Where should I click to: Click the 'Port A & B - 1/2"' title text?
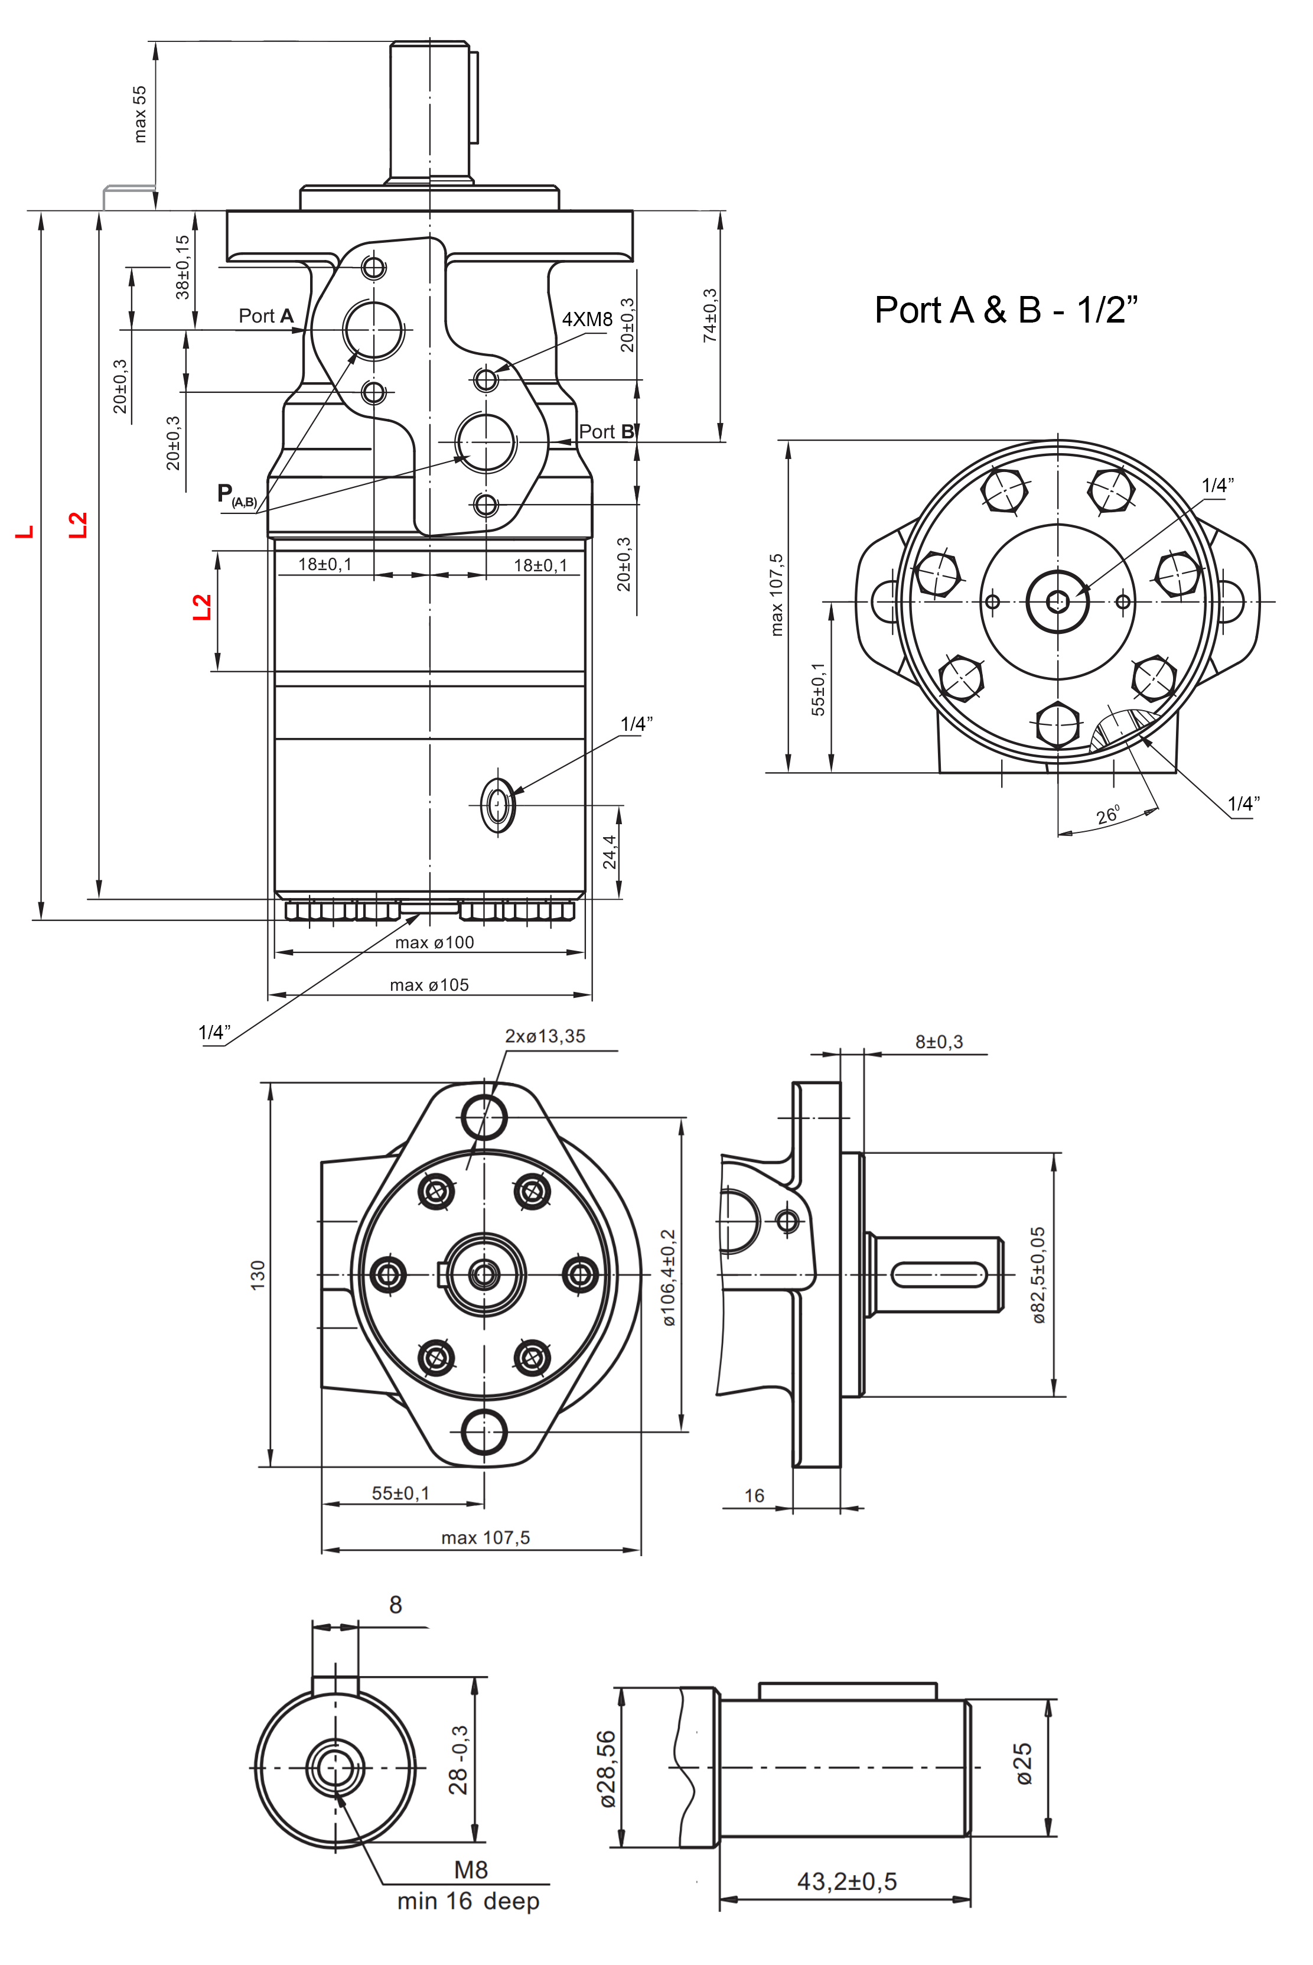pyautogui.click(x=1006, y=310)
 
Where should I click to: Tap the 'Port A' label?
pyautogui.click(x=265, y=315)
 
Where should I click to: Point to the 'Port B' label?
pyautogui.click(x=606, y=431)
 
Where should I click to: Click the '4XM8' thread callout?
pyautogui.click(x=587, y=319)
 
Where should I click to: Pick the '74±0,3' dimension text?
pyautogui.click(x=710, y=315)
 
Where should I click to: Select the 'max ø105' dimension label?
pyautogui.click(x=429, y=985)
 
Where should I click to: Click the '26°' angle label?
pyautogui.click(x=1107, y=815)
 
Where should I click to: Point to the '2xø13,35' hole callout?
pyautogui.click(x=545, y=1036)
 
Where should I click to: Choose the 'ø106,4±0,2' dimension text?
pyautogui.click(x=668, y=1277)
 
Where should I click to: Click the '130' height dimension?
pyautogui.click(x=258, y=1275)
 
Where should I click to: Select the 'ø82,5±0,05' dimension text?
pyautogui.click(x=1038, y=1275)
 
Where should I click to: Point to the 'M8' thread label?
pyautogui.click(x=471, y=1869)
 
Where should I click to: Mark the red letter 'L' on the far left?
pyautogui.click(x=25, y=532)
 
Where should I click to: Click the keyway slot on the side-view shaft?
pyautogui.click(x=939, y=1275)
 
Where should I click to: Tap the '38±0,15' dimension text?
pyautogui.click(x=183, y=266)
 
